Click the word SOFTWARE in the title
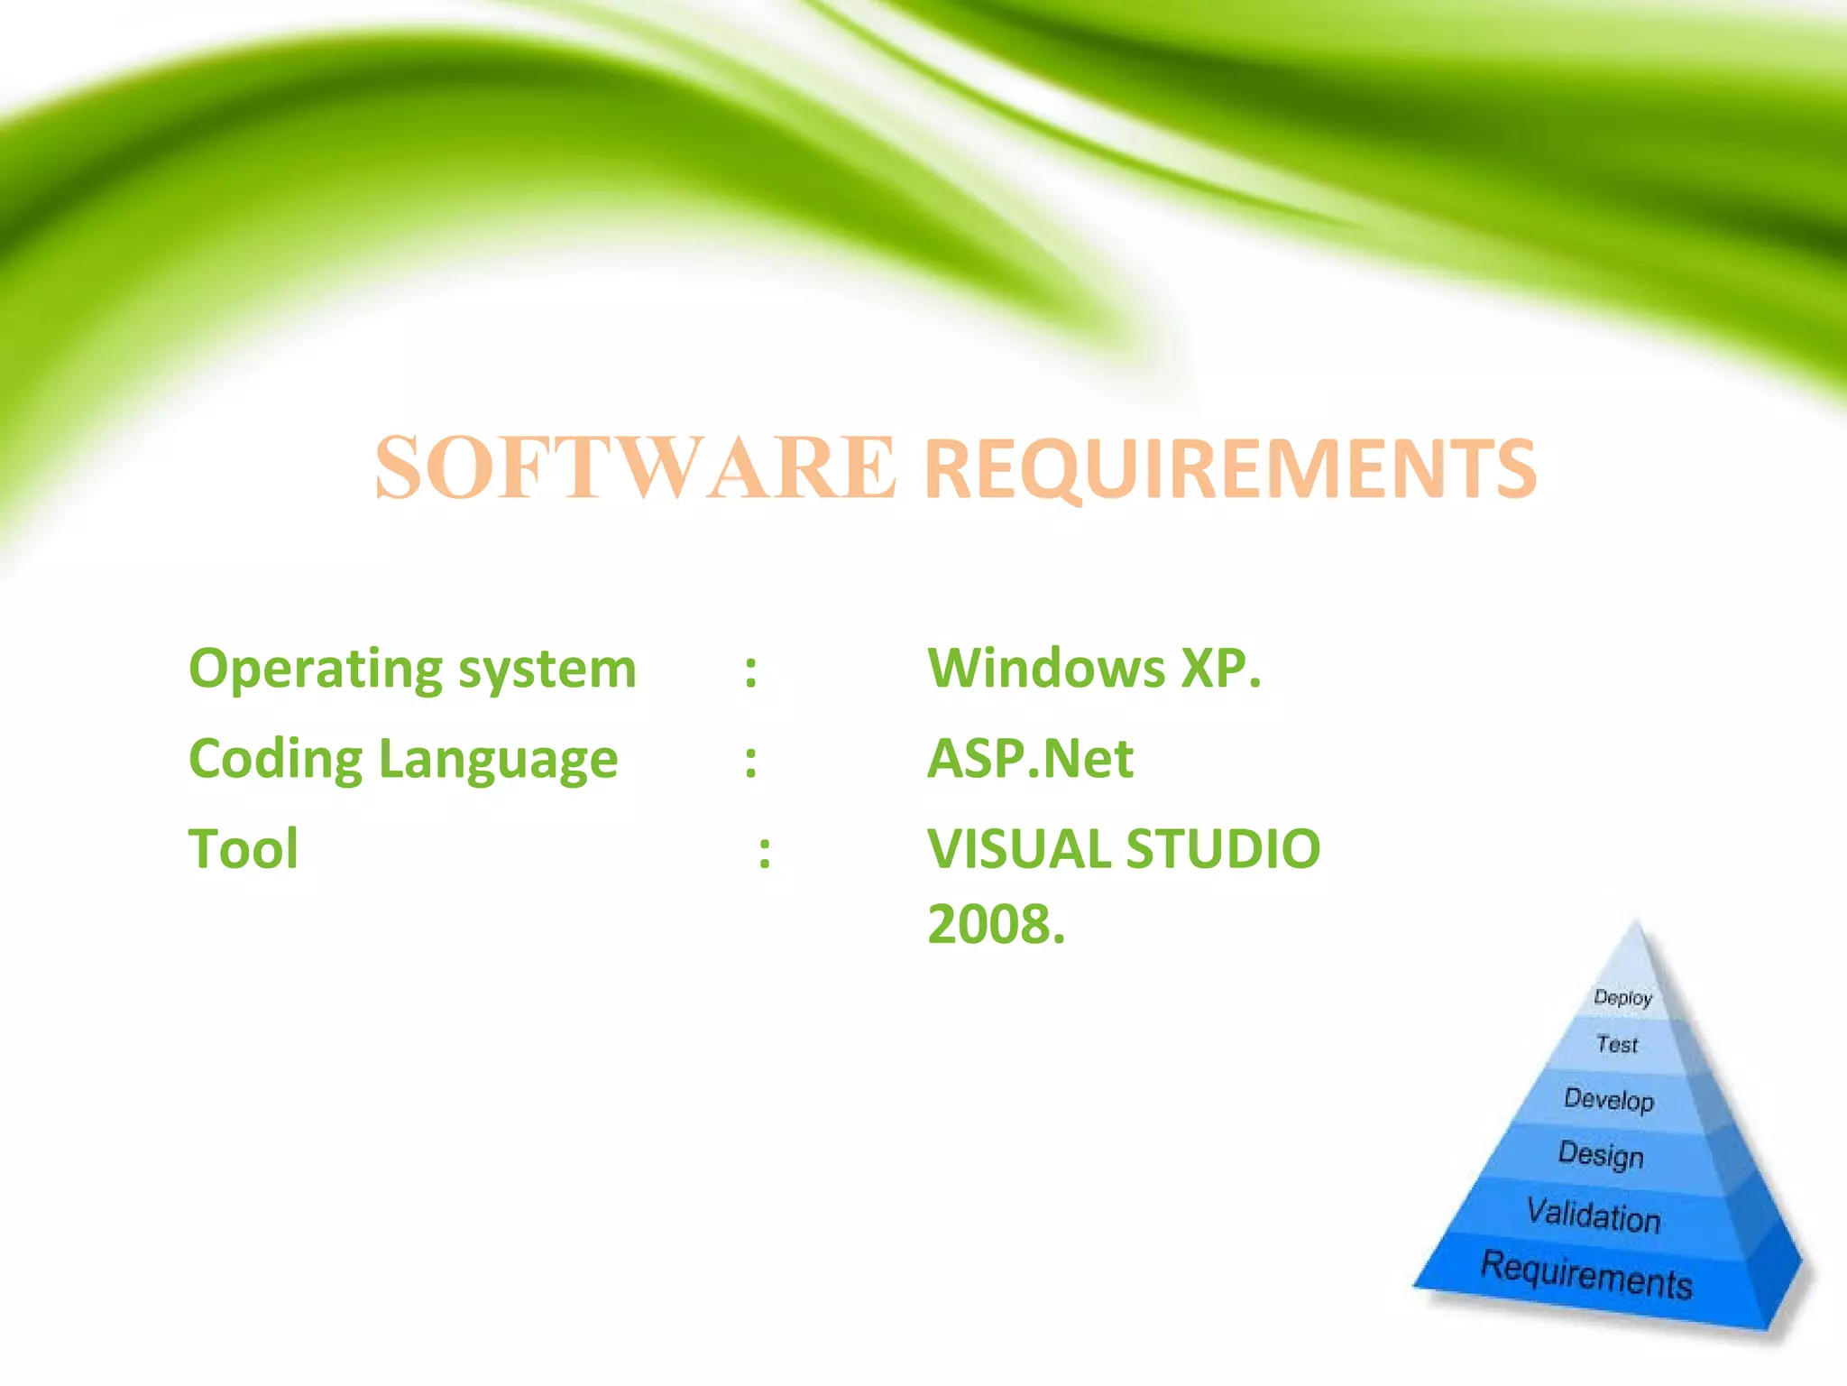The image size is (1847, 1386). point(635,467)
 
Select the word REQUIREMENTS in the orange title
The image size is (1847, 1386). point(1231,469)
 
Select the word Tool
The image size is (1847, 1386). point(243,849)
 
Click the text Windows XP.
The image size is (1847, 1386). point(1094,669)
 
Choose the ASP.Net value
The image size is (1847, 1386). point(1030,759)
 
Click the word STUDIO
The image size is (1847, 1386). point(1223,849)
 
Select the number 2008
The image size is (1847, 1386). point(996,925)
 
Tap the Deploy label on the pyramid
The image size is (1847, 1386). point(1622,997)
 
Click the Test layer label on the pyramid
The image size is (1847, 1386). point(1616,1044)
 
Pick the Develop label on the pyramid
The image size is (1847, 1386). point(1609,1099)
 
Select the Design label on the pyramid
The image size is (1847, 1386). point(1601,1155)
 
